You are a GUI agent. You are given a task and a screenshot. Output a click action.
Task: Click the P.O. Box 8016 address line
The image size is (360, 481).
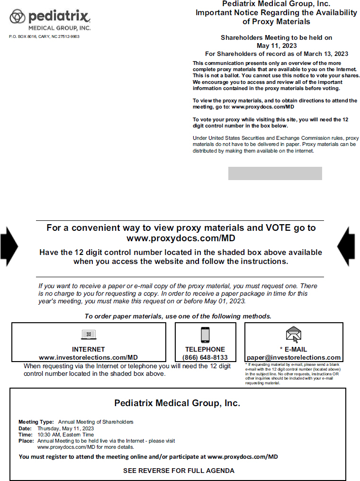click(x=44, y=36)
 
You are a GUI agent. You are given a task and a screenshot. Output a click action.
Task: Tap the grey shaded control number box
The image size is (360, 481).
click(x=275, y=173)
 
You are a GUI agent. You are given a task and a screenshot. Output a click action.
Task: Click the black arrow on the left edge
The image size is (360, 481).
click(x=9, y=246)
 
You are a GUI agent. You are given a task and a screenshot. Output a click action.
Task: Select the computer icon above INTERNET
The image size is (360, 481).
click(x=89, y=335)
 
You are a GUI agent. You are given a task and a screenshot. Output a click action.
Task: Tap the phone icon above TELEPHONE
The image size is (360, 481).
click(x=205, y=335)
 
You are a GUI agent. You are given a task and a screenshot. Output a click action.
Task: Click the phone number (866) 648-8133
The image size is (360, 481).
click(x=205, y=357)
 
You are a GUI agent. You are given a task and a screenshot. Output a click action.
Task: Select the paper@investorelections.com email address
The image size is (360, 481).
click(x=294, y=357)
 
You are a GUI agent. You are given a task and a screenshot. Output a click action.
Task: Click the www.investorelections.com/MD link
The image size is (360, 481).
click(x=89, y=357)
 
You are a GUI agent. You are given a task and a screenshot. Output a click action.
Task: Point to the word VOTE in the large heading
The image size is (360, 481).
click(x=267, y=227)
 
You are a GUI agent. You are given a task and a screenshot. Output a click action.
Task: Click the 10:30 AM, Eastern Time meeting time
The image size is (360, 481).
click(x=65, y=435)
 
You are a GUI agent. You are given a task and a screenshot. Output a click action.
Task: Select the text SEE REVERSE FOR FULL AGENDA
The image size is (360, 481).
click(x=179, y=471)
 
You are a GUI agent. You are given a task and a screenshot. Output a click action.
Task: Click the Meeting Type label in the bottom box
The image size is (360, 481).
click(x=36, y=422)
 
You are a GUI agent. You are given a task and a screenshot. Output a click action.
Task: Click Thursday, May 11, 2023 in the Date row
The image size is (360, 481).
click(x=65, y=428)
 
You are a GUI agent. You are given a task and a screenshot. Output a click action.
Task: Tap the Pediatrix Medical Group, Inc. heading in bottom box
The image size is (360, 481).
click(x=177, y=403)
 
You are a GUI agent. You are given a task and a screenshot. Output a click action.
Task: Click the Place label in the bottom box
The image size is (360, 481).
click(x=26, y=441)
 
